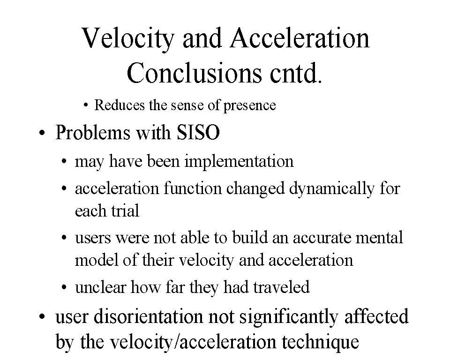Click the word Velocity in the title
pos(128,39)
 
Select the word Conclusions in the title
pos(194,73)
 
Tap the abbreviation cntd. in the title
pos(296,73)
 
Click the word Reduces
pos(120,105)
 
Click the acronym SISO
pos(198,132)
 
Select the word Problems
pos(93,132)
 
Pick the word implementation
pos(239,162)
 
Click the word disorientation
pos(149,317)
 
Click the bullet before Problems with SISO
pos(42,133)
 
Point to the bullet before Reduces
pos(85,105)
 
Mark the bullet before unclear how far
pos(64,287)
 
